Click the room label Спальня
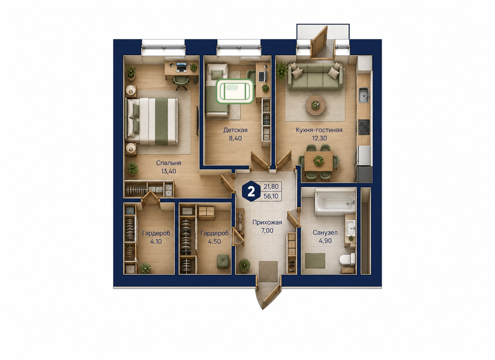169,163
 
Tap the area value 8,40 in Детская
235,139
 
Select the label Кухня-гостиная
319,130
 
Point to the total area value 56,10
271,196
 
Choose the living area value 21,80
271,187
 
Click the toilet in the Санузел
348,259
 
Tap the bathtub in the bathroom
335,202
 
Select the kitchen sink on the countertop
364,95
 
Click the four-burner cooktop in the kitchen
364,127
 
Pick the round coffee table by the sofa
315,105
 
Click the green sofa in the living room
315,76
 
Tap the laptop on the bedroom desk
181,67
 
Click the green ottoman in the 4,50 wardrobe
223,261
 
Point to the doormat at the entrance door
268,271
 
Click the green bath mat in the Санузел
315,261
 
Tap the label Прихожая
267,222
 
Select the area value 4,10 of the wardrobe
156,241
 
